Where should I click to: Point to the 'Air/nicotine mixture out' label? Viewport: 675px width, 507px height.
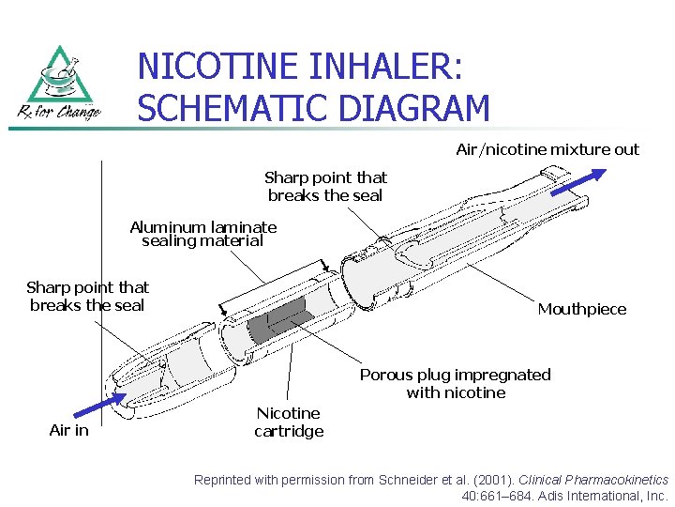[x=547, y=149]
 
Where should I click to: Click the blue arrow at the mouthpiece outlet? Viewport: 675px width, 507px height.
[x=578, y=182]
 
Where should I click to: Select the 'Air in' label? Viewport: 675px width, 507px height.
[x=68, y=430]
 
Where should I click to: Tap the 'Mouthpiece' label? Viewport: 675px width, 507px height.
[x=581, y=309]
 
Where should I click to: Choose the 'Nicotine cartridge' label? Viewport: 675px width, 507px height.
[x=289, y=422]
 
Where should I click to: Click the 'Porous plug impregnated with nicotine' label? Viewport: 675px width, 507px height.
[x=456, y=383]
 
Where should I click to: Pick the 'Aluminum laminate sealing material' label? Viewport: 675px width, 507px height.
[x=202, y=234]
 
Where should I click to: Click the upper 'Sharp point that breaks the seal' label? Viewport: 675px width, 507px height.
[x=325, y=186]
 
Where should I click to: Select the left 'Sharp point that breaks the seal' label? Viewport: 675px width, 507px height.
[x=87, y=296]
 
